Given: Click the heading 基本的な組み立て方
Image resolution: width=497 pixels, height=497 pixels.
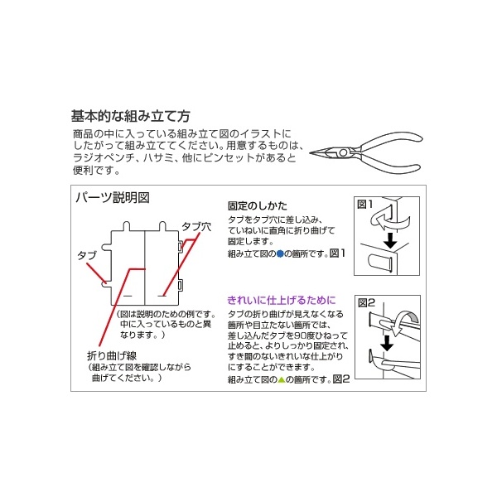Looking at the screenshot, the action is click(x=130, y=116).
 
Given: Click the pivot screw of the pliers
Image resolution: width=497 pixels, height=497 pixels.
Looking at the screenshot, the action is click(x=343, y=152).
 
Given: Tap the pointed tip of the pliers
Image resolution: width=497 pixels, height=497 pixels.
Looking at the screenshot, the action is click(x=311, y=153).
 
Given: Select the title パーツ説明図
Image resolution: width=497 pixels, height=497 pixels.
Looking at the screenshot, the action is click(x=113, y=197).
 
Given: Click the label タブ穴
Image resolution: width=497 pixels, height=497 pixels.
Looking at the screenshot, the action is click(x=196, y=227).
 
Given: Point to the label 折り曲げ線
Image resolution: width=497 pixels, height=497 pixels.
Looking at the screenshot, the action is click(x=112, y=355).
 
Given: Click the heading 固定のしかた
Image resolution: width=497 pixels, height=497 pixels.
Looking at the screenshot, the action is click(x=258, y=206).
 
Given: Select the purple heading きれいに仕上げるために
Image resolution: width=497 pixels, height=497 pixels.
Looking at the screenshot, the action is click(x=282, y=300).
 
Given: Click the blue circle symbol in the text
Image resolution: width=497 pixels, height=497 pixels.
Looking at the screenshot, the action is click(x=280, y=254).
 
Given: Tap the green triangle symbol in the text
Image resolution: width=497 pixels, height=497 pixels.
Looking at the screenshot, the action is click(x=282, y=379).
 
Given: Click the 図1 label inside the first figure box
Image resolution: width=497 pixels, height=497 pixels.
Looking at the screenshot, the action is click(x=364, y=205).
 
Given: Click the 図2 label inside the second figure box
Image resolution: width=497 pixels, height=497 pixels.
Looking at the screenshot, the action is click(x=366, y=303).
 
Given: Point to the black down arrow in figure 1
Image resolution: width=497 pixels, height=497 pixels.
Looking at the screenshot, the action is click(x=390, y=241).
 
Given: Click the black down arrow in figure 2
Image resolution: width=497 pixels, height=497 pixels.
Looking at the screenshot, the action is click(x=387, y=343).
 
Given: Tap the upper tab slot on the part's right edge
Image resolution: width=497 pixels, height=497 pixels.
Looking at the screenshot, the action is click(x=180, y=247).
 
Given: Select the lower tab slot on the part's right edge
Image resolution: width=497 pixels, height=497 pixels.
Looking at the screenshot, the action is click(x=180, y=285).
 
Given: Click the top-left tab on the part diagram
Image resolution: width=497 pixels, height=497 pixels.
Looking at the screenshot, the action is click(x=126, y=226).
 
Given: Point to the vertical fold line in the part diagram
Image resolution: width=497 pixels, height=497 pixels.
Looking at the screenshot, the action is click(x=145, y=268).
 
